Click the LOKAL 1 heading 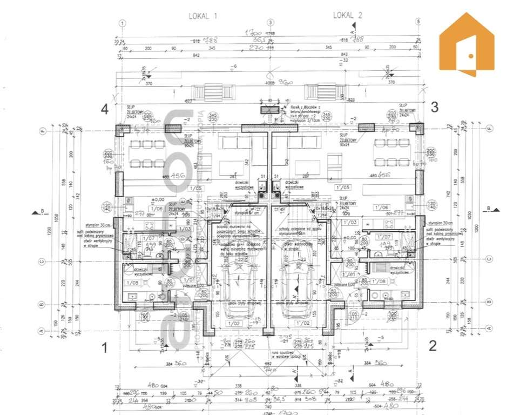[x=203, y=16]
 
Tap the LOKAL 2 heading [x=347, y=15]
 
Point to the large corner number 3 [x=434, y=107]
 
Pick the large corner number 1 [x=105, y=349]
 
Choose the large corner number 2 [x=433, y=345]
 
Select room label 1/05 [x=196, y=189]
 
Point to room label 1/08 [x=131, y=283]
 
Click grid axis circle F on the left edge [x=42, y=130]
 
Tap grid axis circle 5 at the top [x=417, y=23]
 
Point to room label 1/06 [x=157, y=208]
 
